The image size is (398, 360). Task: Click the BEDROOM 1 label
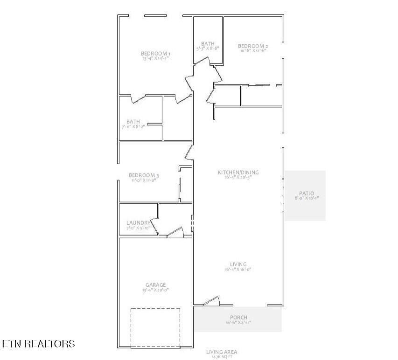[155, 54]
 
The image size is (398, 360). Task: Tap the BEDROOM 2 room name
[253, 46]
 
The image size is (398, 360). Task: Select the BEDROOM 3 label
[144, 175]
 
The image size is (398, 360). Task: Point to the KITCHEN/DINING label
[238, 173]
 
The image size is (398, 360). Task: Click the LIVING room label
[238, 264]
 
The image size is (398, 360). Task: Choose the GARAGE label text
[155, 285]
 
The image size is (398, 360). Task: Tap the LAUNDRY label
[138, 223]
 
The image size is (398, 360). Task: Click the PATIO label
[306, 194]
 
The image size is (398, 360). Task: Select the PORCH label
[238, 318]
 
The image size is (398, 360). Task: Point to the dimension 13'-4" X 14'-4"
[155, 59]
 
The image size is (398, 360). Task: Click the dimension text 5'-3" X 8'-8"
[207, 48]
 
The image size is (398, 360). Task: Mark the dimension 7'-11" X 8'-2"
[133, 126]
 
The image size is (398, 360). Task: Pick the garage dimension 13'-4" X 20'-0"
[155, 290]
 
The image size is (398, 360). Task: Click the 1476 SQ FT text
[222, 356]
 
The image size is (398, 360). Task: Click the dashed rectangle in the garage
[155, 327]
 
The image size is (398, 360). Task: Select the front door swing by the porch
[211, 301]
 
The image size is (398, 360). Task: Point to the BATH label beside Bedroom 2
[208, 43]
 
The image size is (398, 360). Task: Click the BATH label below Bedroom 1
[133, 122]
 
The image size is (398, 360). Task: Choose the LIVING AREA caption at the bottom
[222, 352]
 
